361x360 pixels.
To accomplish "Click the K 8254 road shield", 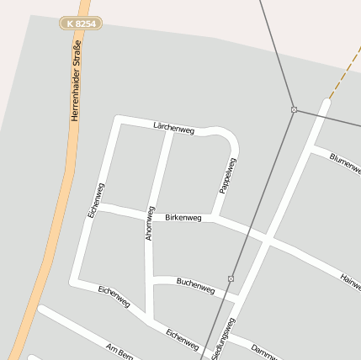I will [x=82, y=24].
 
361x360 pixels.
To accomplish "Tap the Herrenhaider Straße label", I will [x=75, y=89].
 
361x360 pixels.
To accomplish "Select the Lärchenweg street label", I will [x=174, y=129].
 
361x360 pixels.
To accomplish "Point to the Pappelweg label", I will [x=227, y=175].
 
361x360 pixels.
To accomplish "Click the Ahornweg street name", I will [x=150, y=223].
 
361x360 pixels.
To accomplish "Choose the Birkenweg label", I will [x=183, y=218].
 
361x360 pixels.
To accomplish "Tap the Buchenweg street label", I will [x=195, y=286].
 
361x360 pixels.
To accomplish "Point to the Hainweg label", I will [x=350, y=282].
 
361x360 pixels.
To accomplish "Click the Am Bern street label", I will [x=119, y=350].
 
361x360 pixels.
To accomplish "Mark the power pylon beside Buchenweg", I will [x=231, y=278].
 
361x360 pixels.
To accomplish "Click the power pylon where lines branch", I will [x=294, y=109].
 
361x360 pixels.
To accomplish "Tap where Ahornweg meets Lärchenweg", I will [x=173, y=126].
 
